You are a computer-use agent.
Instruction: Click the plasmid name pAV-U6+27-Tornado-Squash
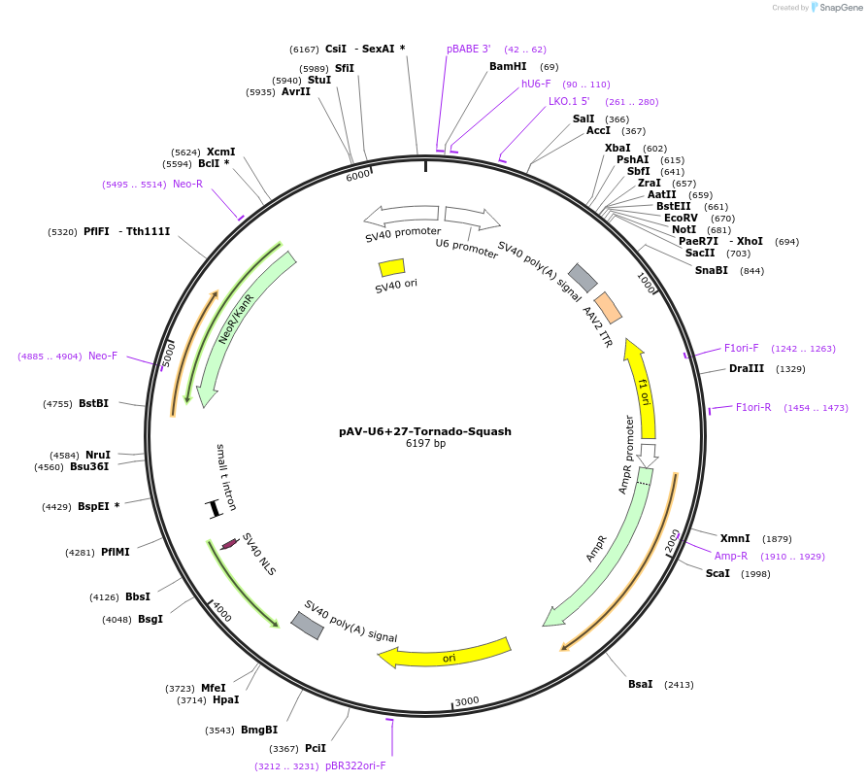(425, 431)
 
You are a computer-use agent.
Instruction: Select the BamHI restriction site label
(508, 66)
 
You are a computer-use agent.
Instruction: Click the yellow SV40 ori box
(391, 266)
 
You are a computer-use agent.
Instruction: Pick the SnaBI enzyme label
(711, 270)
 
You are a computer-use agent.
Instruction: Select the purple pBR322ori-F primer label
(355, 765)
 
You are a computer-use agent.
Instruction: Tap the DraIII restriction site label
(747, 368)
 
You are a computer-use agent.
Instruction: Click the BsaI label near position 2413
(640, 685)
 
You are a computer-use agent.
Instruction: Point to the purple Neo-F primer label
(103, 356)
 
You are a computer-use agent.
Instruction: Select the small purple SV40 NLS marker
(230, 544)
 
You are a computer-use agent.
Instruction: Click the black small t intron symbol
(215, 507)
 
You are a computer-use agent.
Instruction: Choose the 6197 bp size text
(425, 444)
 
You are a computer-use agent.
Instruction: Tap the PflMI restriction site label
(116, 552)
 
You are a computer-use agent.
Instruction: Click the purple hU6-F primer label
(536, 84)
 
